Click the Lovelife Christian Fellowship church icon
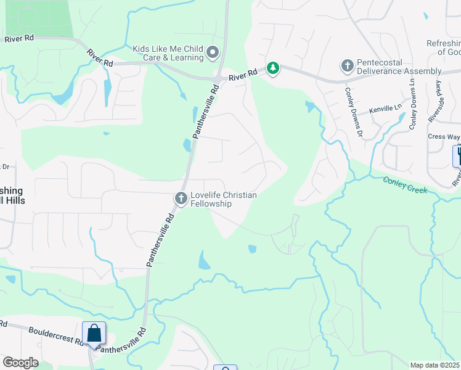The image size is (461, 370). point(181,198)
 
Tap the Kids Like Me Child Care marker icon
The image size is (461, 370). point(213,53)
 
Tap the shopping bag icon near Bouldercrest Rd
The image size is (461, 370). point(94,333)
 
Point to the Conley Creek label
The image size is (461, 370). point(405,184)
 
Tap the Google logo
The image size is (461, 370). point(20,363)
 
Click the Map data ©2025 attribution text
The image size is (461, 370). point(435,365)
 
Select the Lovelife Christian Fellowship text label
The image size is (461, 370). point(223,199)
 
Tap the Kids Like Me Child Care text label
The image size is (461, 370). point(168,53)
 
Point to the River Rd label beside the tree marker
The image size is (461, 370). point(242,75)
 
